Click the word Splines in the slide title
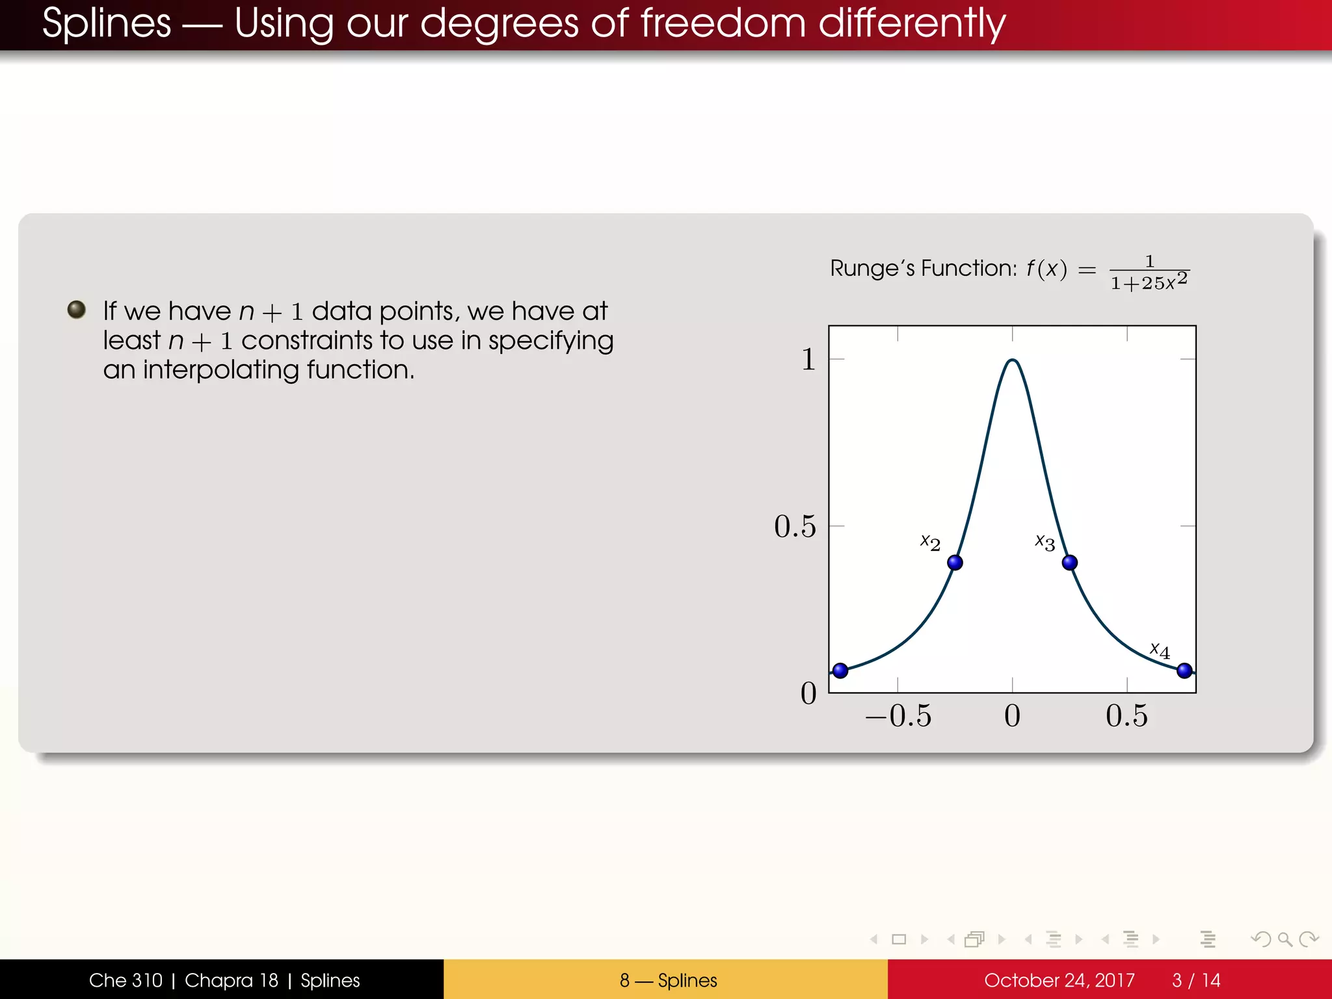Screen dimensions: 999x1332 coord(107,23)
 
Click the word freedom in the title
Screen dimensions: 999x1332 coord(723,23)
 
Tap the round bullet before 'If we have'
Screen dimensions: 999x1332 coord(77,310)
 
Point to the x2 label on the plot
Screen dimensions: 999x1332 coord(930,542)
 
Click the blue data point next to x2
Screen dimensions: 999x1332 coord(955,563)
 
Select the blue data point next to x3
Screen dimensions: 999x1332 coord(1069,563)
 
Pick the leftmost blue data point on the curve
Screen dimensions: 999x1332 coord(840,670)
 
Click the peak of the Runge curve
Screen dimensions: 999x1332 coord(1012,360)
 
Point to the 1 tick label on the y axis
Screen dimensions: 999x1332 coord(808,359)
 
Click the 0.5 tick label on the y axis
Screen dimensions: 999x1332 coord(795,526)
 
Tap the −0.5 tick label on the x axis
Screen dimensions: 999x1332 coord(898,716)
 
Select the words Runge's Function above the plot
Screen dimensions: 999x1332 coord(923,268)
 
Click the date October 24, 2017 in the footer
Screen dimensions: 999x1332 coord(1059,980)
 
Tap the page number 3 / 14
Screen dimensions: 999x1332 coord(1195,980)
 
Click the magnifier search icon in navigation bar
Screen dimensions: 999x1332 coord(1285,939)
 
